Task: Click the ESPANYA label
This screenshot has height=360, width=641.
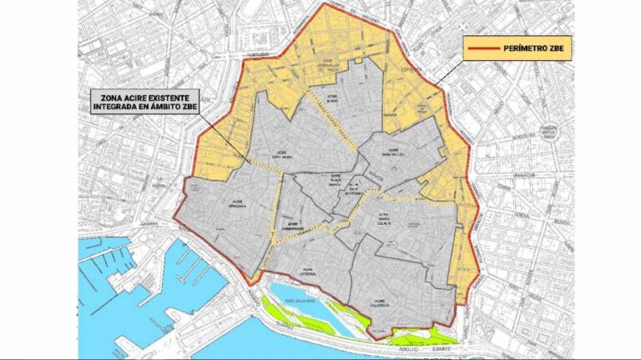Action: tap(412, 69)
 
